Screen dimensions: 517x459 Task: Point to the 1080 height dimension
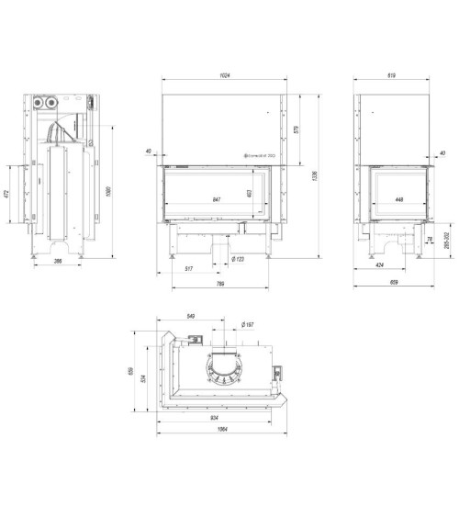pyautogui.click(x=110, y=190)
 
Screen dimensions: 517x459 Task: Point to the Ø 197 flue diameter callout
pyautogui.click(x=247, y=324)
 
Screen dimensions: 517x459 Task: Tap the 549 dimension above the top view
pyautogui.click(x=190, y=316)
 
